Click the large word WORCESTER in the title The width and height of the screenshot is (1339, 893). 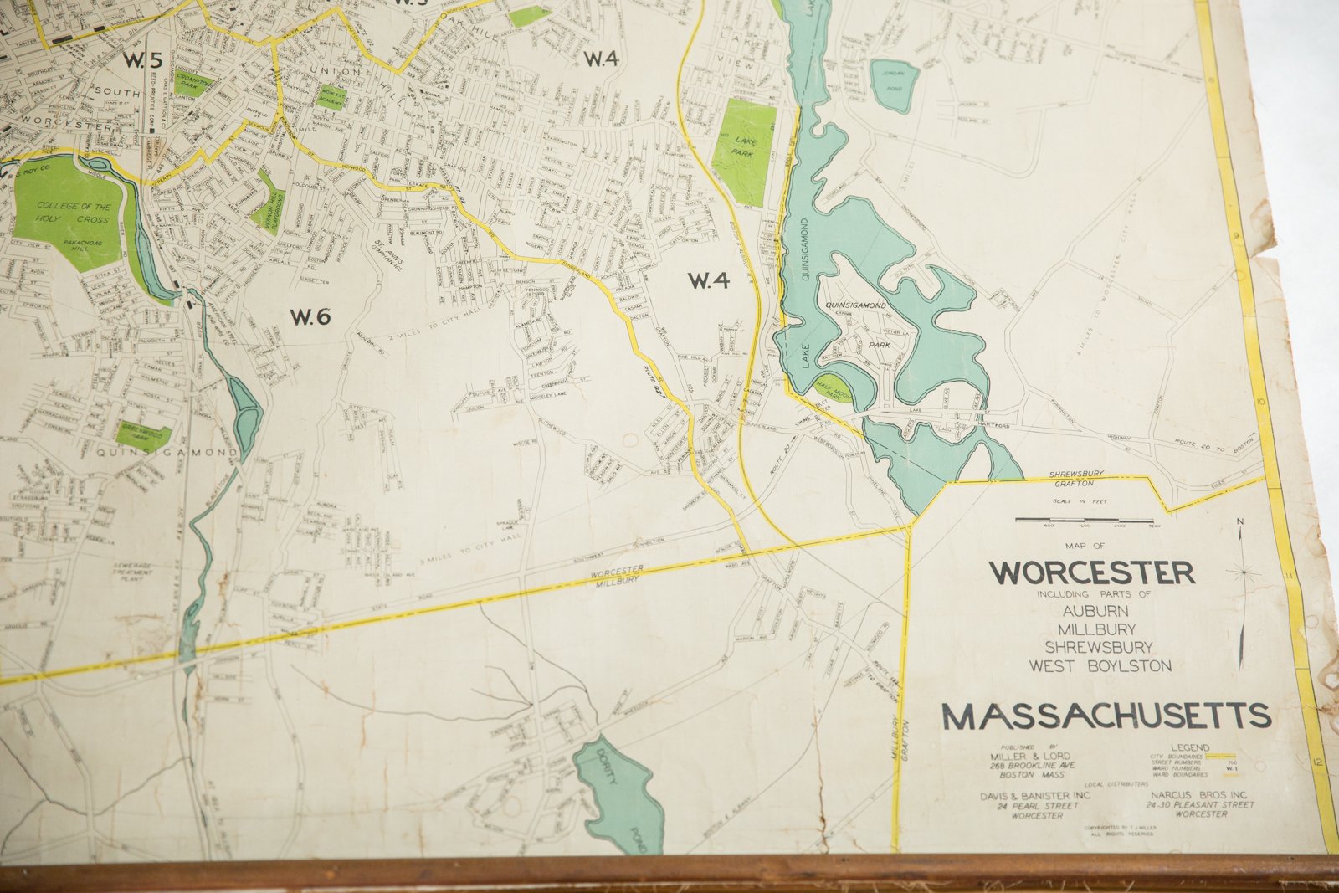tap(1091, 573)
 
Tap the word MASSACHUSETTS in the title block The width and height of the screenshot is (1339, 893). tap(1106, 716)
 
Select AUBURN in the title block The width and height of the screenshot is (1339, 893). tap(1095, 611)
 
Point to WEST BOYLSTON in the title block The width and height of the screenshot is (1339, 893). tap(1100, 666)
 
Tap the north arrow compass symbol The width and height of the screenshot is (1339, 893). tap(1244, 572)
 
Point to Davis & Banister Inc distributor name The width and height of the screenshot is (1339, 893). tap(1035, 796)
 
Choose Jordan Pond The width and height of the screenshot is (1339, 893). tap(894, 85)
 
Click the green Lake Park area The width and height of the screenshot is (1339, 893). tap(742, 151)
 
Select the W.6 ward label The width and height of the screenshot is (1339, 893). tap(310, 316)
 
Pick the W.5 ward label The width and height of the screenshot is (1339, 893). tap(142, 59)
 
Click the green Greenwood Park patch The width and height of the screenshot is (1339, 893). tap(144, 436)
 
